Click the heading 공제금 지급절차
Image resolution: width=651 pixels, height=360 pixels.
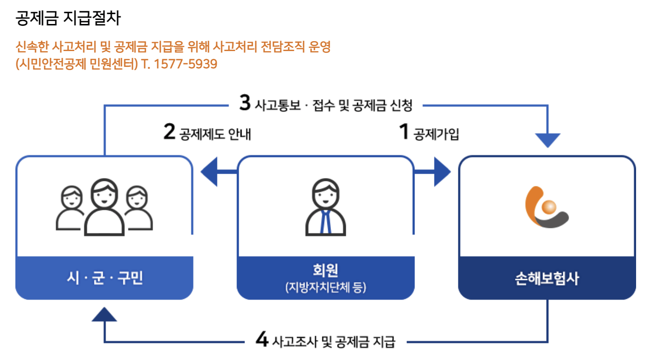point(68,19)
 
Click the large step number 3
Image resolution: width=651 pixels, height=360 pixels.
point(245,103)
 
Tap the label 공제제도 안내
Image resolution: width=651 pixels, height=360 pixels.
point(215,134)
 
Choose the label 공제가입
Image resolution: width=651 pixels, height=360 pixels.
point(436,134)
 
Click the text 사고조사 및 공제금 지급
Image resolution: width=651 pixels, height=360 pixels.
point(334,341)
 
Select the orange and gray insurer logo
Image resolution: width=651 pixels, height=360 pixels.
point(547,207)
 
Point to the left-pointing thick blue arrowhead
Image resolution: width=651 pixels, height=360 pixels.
point(211,172)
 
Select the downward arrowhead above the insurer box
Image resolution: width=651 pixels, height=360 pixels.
point(547,140)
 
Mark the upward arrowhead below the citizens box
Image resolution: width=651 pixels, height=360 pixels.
point(104,314)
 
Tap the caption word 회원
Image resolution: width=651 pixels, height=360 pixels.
point(325,270)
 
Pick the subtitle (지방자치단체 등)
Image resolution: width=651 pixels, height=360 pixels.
point(325,288)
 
